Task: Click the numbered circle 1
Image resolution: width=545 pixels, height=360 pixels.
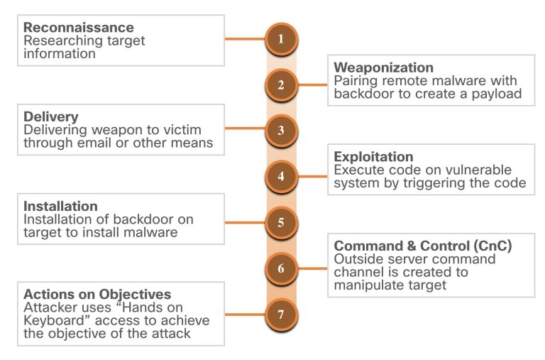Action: tap(281, 40)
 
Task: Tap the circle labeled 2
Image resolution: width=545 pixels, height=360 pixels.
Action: tap(281, 85)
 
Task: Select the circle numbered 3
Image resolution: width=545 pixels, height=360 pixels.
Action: tap(281, 131)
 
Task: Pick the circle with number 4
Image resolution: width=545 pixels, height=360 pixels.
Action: tap(281, 176)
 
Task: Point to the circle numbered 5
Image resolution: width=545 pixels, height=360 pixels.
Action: tap(281, 223)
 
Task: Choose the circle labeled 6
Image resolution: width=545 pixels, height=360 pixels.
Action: tap(281, 269)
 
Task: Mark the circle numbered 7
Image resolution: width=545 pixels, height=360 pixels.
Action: tap(281, 314)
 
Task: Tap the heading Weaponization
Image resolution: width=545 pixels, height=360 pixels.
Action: tap(383, 67)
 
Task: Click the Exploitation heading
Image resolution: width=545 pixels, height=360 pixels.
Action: tap(373, 156)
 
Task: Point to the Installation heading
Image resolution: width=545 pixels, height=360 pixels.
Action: tap(60, 207)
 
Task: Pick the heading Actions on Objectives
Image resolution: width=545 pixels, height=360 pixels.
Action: tap(97, 294)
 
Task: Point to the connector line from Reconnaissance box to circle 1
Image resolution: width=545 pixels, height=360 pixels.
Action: tap(245, 40)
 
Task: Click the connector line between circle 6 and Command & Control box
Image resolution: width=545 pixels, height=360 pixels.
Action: tap(312, 269)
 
